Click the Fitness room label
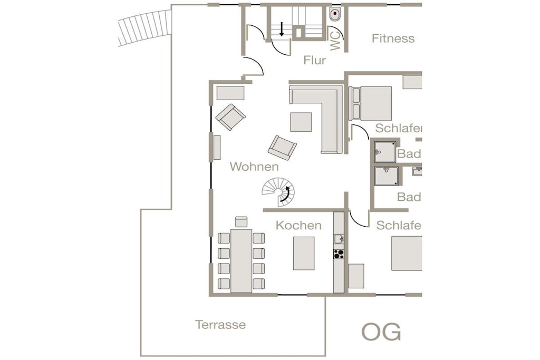click(x=393, y=38)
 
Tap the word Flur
click(x=314, y=60)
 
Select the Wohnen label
click(x=254, y=167)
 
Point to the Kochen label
click(x=298, y=226)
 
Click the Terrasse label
click(x=220, y=325)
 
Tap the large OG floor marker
click(x=381, y=332)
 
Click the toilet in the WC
click(x=335, y=14)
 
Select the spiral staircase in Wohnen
click(x=278, y=192)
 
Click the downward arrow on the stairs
click(x=282, y=30)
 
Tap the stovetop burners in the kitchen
click(x=339, y=254)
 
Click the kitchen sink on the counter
click(x=339, y=239)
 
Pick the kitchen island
click(x=304, y=253)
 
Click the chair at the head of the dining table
click(x=242, y=222)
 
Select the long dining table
click(x=242, y=260)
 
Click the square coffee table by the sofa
click(x=301, y=122)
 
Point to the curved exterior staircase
click(x=145, y=27)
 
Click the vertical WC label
click(x=335, y=41)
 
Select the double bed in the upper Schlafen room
click(x=370, y=103)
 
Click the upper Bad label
click(x=409, y=153)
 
